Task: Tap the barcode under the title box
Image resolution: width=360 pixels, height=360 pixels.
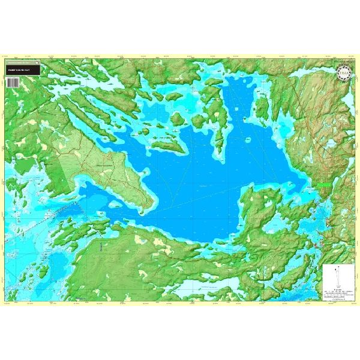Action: [10, 84]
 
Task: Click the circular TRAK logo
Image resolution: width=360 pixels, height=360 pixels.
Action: [344, 75]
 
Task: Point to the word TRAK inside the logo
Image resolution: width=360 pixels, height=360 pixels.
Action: [344, 75]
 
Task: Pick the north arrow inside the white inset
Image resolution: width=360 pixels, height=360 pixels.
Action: [337, 270]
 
